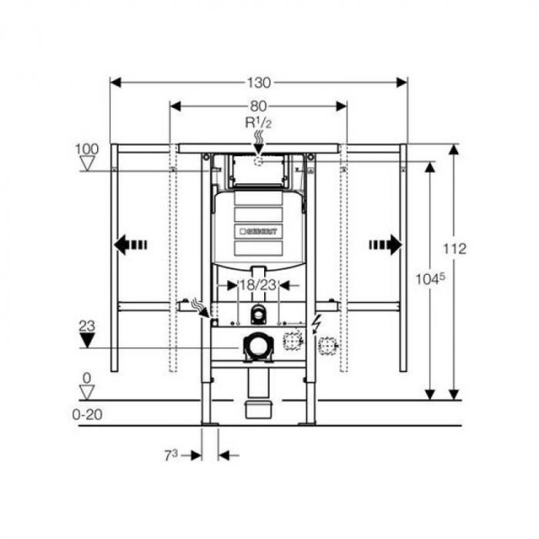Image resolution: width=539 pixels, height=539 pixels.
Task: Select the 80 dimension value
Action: [258, 107]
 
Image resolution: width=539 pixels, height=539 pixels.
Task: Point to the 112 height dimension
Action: [455, 249]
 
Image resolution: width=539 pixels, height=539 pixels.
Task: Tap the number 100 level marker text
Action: [88, 148]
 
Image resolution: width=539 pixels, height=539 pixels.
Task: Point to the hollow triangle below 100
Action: [88, 163]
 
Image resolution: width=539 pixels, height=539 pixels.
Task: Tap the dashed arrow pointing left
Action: [130, 246]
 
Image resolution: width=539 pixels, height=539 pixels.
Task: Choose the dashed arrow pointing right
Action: [385, 246]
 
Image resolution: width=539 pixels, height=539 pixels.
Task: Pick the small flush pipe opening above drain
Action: [259, 313]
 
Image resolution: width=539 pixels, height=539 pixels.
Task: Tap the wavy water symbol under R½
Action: [259, 139]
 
